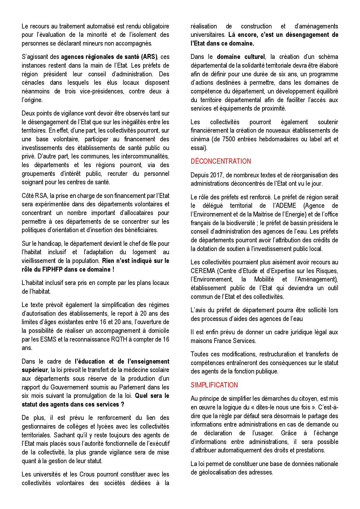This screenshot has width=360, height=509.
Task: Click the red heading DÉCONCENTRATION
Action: tap(221, 161)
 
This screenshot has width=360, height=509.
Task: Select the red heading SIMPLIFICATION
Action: tap(214, 385)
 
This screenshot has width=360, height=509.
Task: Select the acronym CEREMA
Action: tap(202, 271)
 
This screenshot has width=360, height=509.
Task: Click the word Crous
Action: tap(86, 474)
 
